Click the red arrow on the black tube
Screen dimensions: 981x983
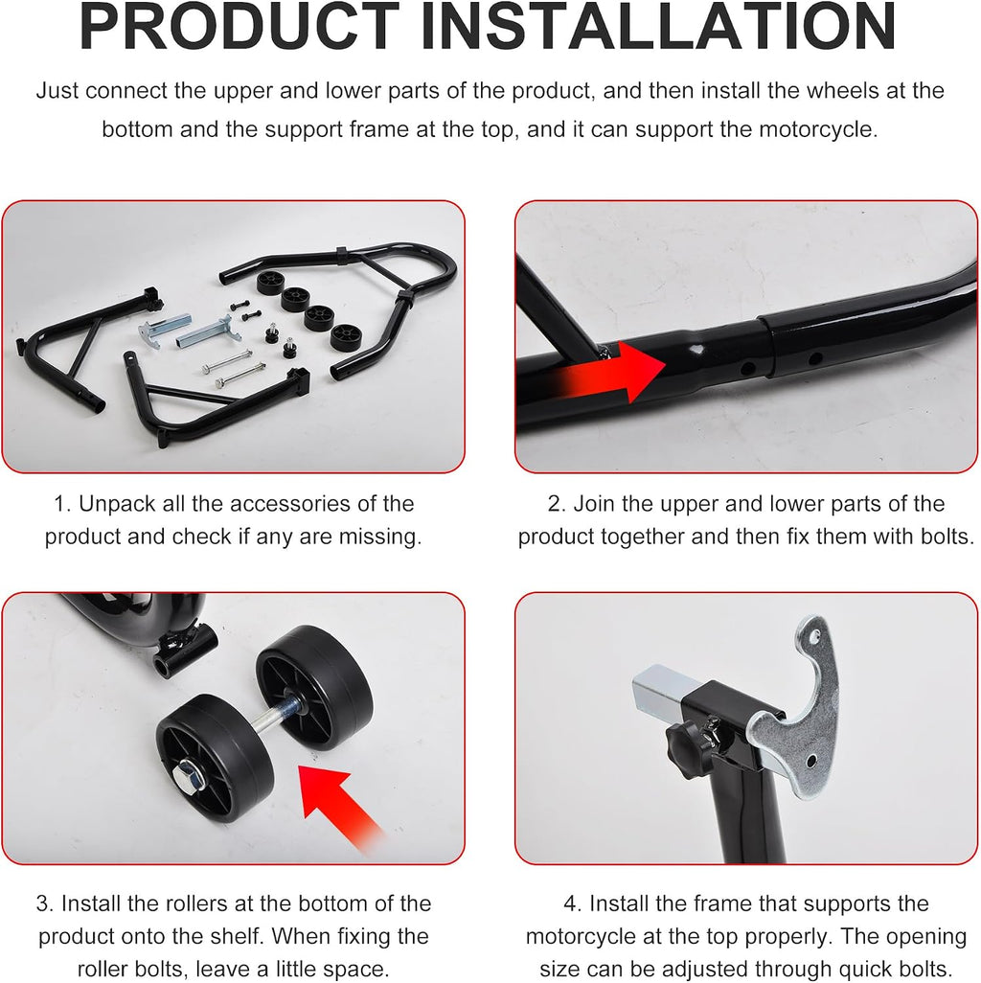(x=603, y=373)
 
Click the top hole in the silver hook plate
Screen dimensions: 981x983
(x=814, y=637)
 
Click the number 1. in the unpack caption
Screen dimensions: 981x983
(x=62, y=504)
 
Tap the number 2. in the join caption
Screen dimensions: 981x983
(x=558, y=504)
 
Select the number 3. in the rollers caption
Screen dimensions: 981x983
(x=45, y=903)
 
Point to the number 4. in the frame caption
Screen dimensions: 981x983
(x=573, y=903)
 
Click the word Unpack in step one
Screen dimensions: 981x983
(x=117, y=505)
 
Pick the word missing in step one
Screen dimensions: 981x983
(x=380, y=537)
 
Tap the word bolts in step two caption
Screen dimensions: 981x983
(x=947, y=537)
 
